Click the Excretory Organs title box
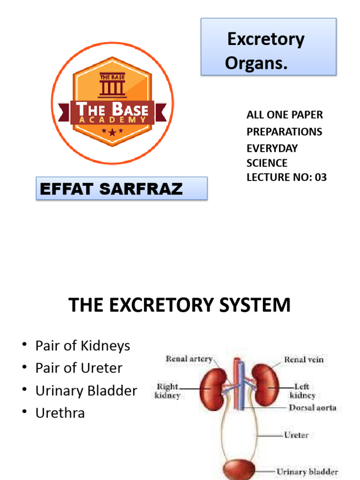[269, 47]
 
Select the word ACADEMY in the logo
[112, 120]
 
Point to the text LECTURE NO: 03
[286, 177]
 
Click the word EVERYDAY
[272, 148]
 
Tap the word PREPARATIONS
[285, 132]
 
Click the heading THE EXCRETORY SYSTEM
[180, 305]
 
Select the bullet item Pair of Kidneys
[83, 346]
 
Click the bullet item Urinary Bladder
[86, 391]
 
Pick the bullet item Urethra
[60, 413]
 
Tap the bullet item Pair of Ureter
[79, 368]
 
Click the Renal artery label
[189, 359]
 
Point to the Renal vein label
[304, 360]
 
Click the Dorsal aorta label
[312, 408]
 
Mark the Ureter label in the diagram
[296, 435]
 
